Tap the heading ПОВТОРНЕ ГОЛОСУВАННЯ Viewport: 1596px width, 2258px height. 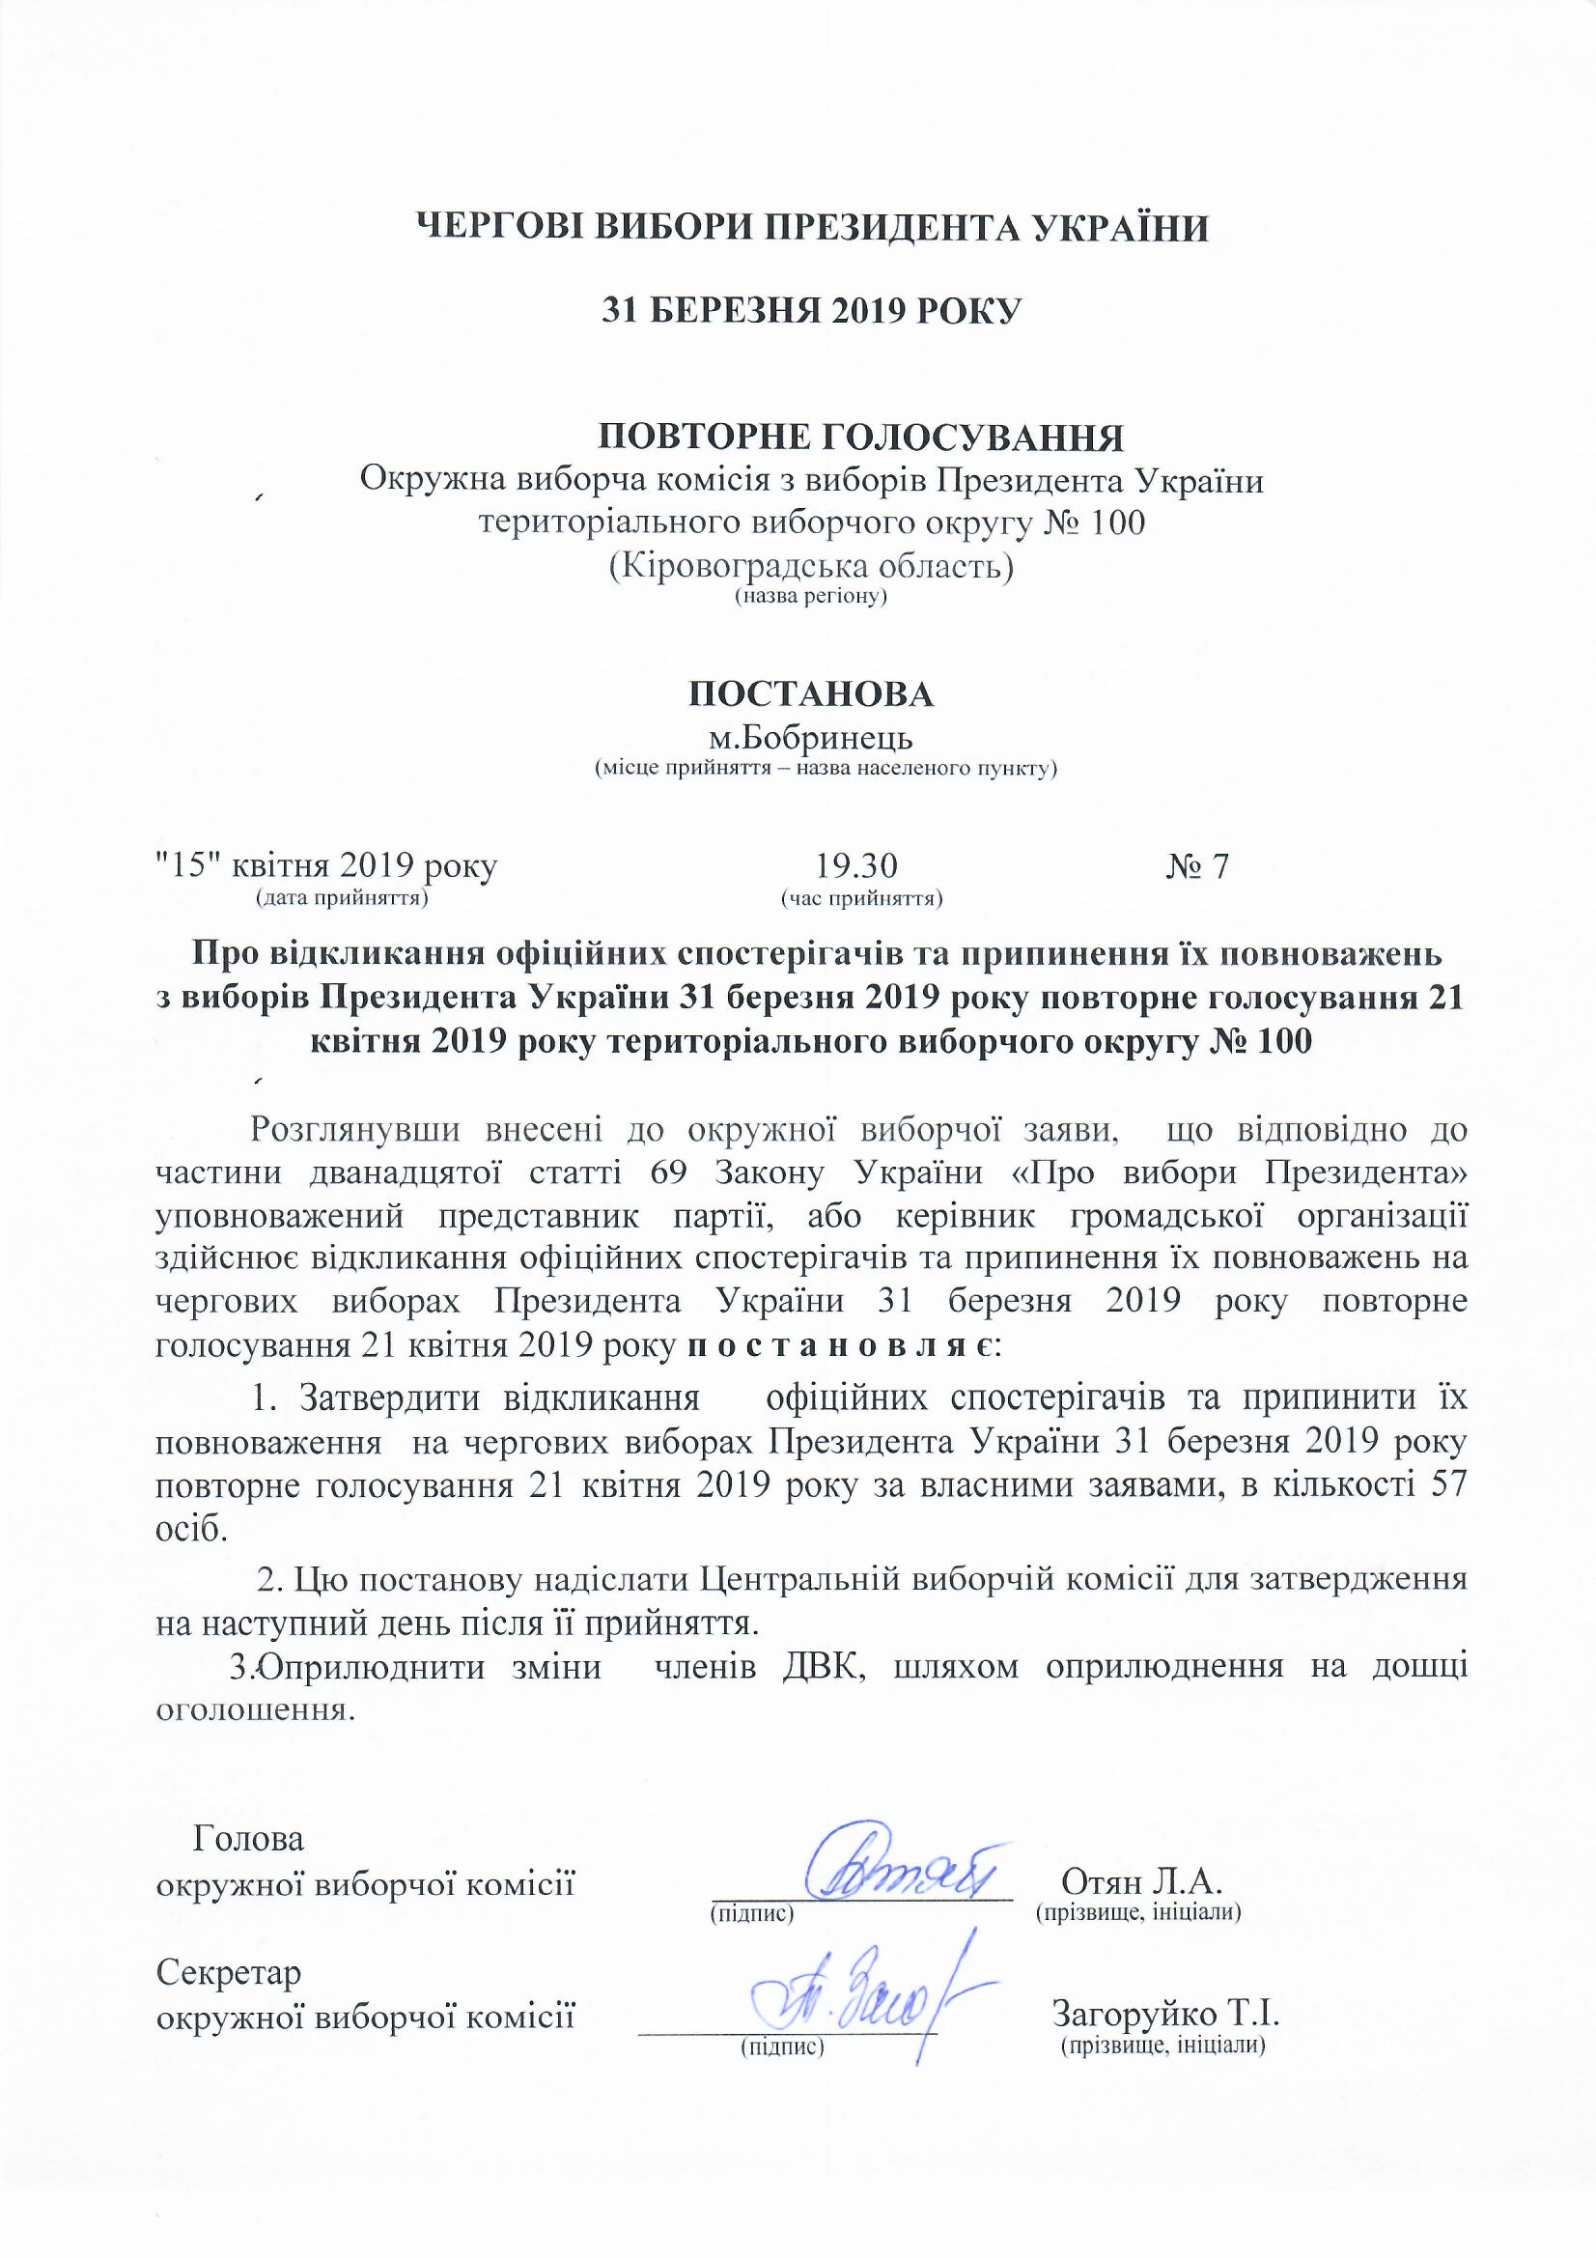point(861,437)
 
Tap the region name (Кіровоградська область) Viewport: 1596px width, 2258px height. point(811,568)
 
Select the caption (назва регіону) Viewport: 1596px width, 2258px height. point(811,597)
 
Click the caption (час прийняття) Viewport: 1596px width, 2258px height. point(861,897)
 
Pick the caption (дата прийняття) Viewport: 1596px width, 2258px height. point(340,897)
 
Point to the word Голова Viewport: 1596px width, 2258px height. point(249,1838)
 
